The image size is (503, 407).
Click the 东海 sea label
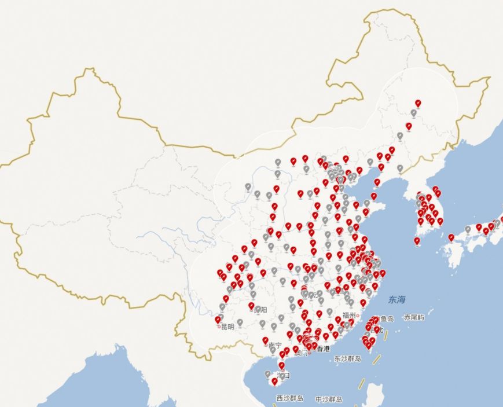pos(397,299)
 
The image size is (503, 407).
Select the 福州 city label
pos(349,316)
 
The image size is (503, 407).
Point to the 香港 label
pos(323,349)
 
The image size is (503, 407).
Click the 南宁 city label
pos(276,345)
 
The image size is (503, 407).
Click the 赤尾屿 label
pos(414,318)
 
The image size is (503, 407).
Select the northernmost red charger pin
pos(418,103)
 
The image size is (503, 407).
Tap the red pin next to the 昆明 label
pos(218,319)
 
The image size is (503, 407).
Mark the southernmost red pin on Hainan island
pos(274,381)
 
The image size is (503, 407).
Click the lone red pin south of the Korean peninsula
pos(417,240)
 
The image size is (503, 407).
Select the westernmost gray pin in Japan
pos(468,229)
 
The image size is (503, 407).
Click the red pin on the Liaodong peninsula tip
pos(377,182)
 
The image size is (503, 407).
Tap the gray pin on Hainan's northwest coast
pos(267,374)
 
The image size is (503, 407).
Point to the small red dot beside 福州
pos(358,316)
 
